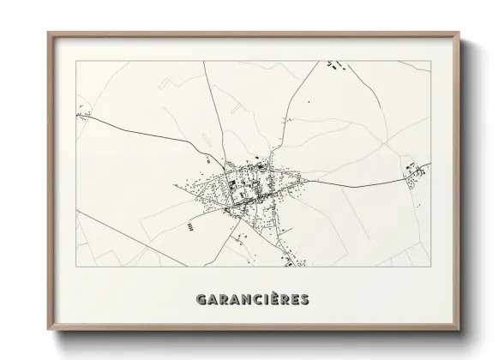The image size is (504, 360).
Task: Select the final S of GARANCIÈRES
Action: coord(304,300)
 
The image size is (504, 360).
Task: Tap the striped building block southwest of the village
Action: coord(188,227)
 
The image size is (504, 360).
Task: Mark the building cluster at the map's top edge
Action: coord(337,63)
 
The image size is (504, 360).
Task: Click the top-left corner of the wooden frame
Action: coord(49,33)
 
